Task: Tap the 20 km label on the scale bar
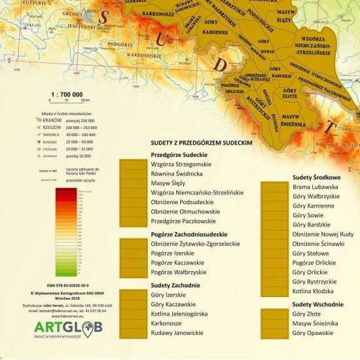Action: [85, 101]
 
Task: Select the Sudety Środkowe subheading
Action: [315, 177]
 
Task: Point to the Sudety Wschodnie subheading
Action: [317, 304]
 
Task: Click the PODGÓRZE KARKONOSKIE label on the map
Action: [131, 50]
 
